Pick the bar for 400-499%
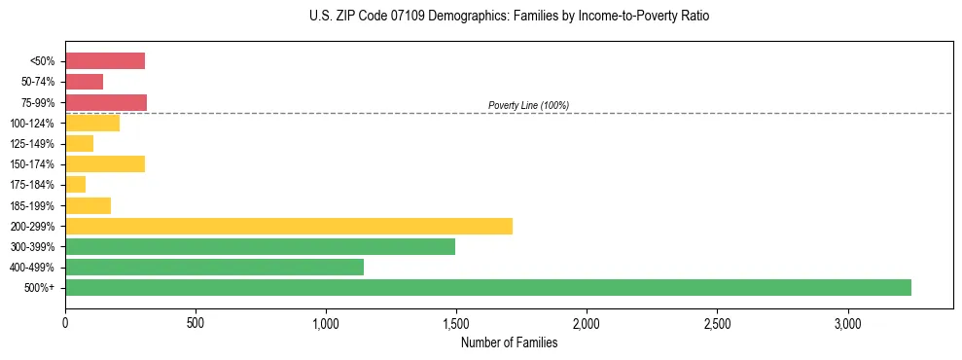(x=214, y=267)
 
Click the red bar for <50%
(x=105, y=61)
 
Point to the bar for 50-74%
(x=84, y=82)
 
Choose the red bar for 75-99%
(x=106, y=102)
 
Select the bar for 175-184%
(x=75, y=184)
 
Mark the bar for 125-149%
(x=79, y=143)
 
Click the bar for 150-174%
(x=105, y=163)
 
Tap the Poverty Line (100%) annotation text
(x=528, y=105)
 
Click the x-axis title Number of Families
(x=509, y=342)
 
